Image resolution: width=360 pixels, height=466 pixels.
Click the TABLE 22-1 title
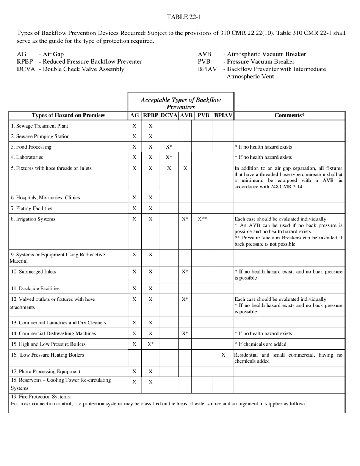pos(184,17)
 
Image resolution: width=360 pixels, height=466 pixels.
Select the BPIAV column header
pos(223,116)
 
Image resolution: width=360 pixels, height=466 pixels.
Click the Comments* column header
pos(290,116)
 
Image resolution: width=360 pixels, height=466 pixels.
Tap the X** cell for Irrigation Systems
pos(202,219)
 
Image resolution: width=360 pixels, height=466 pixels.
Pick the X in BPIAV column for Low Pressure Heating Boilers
pos(223,355)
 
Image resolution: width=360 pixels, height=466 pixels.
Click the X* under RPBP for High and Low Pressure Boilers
pos(150,344)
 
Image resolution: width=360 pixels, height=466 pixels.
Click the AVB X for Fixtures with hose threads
pos(185,168)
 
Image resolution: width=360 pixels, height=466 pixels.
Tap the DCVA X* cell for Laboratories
pos(169,157)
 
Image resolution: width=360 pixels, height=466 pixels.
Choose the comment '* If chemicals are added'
pos(260,344)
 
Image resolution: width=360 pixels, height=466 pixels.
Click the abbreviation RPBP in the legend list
pos(25,61)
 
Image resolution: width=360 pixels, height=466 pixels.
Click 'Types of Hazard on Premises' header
pos(69,116)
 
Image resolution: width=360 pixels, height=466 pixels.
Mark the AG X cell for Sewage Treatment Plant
pos(134,126)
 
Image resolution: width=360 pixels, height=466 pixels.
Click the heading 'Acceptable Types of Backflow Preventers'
pos(180,103)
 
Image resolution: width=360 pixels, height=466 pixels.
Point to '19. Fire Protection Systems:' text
pos(41,397)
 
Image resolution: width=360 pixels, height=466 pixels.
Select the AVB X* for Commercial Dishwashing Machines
pos(185,333)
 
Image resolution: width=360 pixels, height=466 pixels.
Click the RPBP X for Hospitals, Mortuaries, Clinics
pos(150,197)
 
